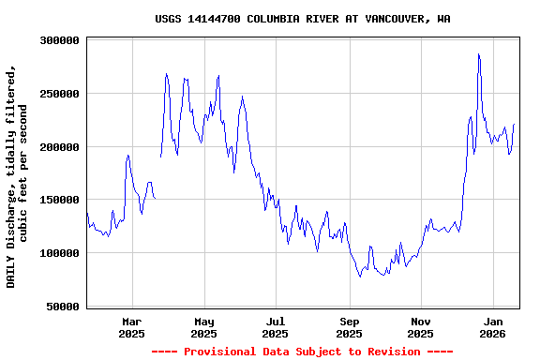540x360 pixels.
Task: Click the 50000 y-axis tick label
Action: click(x=62, y=307)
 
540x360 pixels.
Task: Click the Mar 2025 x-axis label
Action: click(x=131, y=327)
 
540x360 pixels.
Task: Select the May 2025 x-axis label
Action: click(x=203, y=327)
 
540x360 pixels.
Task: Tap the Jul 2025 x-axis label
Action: click(x=275, y=327)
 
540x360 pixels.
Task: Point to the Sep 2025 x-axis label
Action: click(x=349, y=327)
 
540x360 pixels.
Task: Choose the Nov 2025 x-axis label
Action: click(x=421, y=327)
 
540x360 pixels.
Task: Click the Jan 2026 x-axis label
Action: click(x=493, y=327)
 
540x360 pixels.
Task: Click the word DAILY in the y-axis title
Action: click(x=11, y=269)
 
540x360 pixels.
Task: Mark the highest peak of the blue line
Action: click(x=478, y=54)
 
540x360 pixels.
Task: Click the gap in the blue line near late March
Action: click(x=157, y=178)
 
